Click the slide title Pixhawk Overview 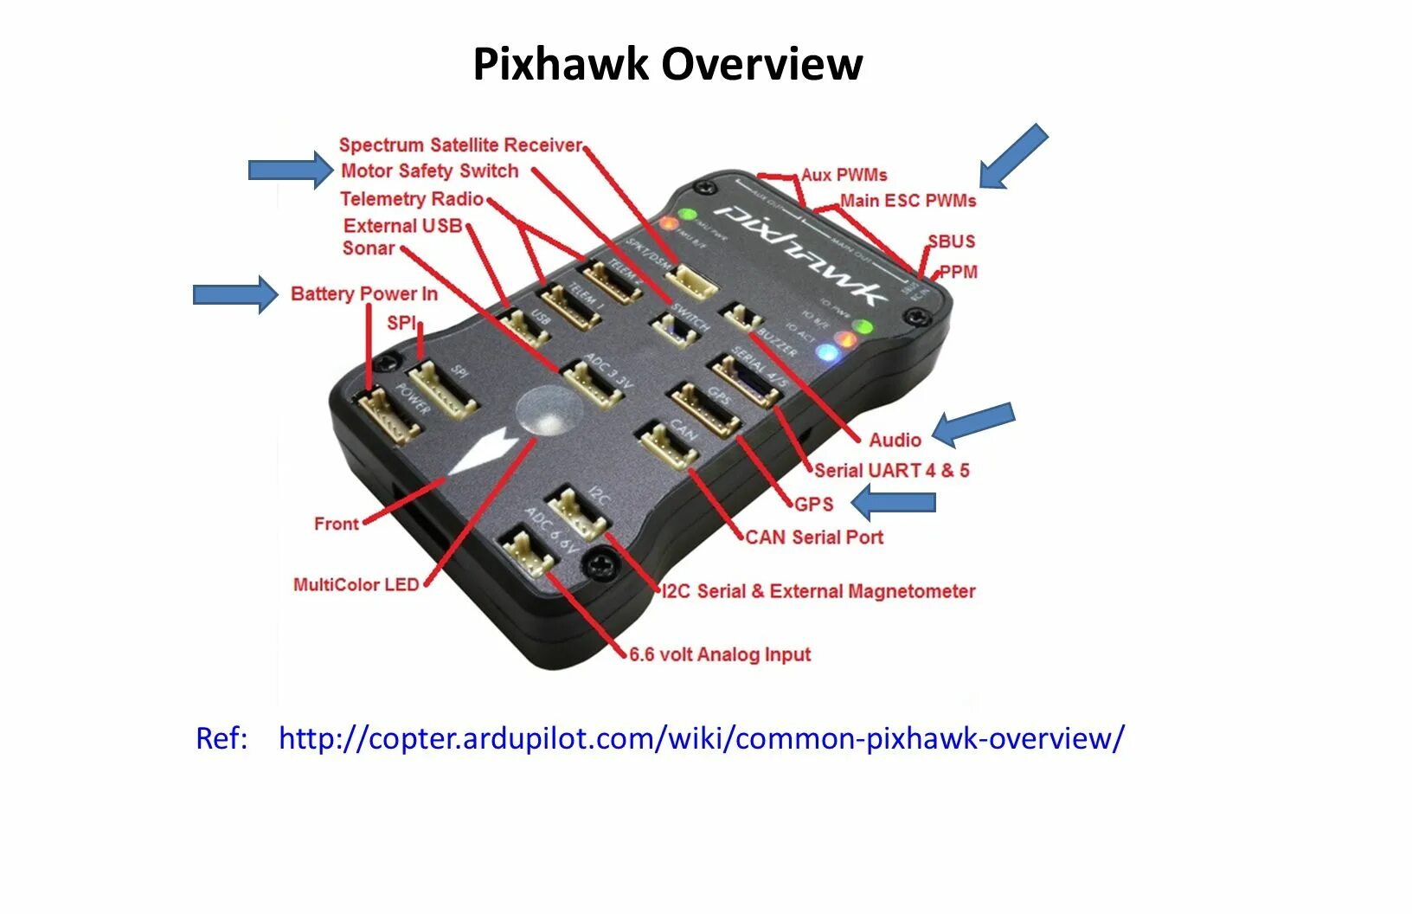point(667,64)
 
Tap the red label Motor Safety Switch point(429,171)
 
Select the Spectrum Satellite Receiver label point(460,145)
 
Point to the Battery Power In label point(363,294)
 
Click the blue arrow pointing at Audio point(972,423)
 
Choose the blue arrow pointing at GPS point(894,502)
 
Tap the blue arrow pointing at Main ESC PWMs point(1013,156)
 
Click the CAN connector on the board point(668,445)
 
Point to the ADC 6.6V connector point(527,553)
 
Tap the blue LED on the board point(827,354)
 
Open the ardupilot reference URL point(701,738)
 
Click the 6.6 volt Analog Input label point(720,654)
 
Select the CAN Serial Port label point(814,537)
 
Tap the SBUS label point(951,241)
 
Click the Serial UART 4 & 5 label point(891,471)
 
